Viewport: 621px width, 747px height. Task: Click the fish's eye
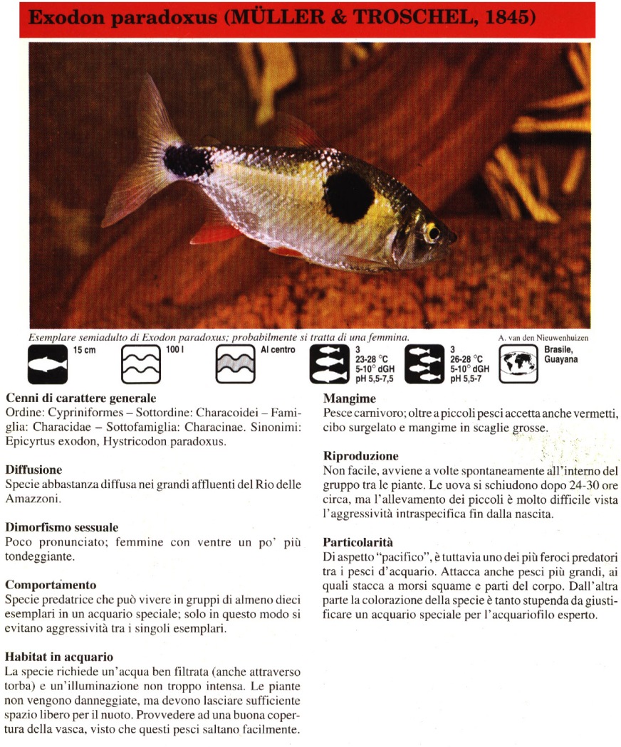tap(432, 233)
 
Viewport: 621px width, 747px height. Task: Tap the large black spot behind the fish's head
tap(349, 196)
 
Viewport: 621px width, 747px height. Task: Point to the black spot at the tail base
tap(187, 161)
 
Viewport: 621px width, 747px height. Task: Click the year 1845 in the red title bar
tap(510, 18)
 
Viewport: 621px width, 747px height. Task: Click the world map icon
tap(518, 364)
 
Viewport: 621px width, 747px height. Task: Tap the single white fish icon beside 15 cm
tap(48, 364)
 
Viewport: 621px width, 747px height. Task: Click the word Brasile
tap(559, 350)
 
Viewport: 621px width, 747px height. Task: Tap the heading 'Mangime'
tap(349, 398)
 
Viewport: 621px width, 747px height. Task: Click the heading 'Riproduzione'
tap(360, 456)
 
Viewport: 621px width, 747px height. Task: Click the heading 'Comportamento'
tap(51, 585)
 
